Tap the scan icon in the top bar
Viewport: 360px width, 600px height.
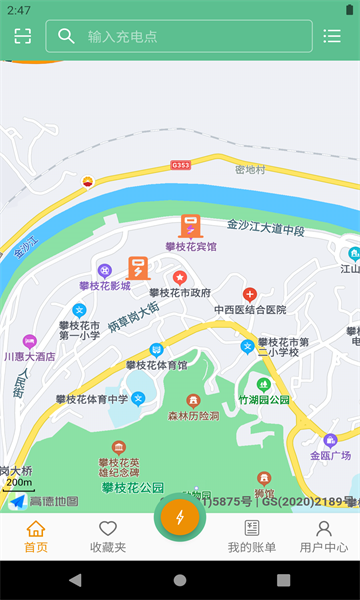[x=23, y=36]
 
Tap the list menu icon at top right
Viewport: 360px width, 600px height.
[x=332, y=36]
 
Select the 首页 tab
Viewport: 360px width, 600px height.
[x=36, y=537]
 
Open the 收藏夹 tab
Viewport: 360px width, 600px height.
[x=108, y=537]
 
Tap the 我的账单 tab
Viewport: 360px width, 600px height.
[x=251, y=537]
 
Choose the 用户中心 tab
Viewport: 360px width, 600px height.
[x=324, y=537]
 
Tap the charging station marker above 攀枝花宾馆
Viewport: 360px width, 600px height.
[x=188, y=227]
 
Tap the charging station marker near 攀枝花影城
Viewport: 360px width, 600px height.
[x=138, y=268]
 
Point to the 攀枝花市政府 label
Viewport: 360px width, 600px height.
[x=180, y=293]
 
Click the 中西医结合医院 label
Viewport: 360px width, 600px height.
[x=250, y=310]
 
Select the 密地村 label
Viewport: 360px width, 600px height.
[x=250, y=170]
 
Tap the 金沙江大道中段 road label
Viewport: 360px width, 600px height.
[x=265, y=231]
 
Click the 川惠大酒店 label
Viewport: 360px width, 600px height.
[x=29, y=356]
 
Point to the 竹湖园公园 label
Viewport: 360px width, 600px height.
[x=264, y=399]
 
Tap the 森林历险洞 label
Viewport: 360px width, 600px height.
[x=193, y=415]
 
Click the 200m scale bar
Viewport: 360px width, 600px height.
[x=17, y=484]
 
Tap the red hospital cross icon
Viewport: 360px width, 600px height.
[x=250, y=294]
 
